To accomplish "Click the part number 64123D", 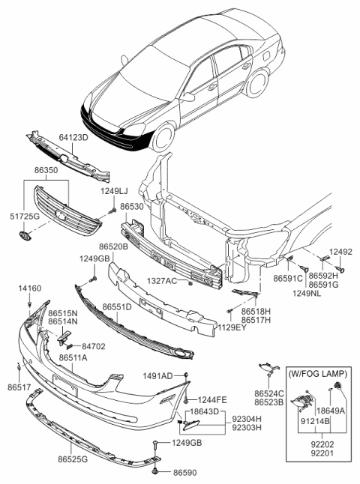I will tap(74, 137).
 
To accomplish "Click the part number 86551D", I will tap(117, 306).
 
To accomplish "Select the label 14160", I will tap(29, 288).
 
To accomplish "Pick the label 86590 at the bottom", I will tap(183, 474).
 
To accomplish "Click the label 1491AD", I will tap(157, 375).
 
